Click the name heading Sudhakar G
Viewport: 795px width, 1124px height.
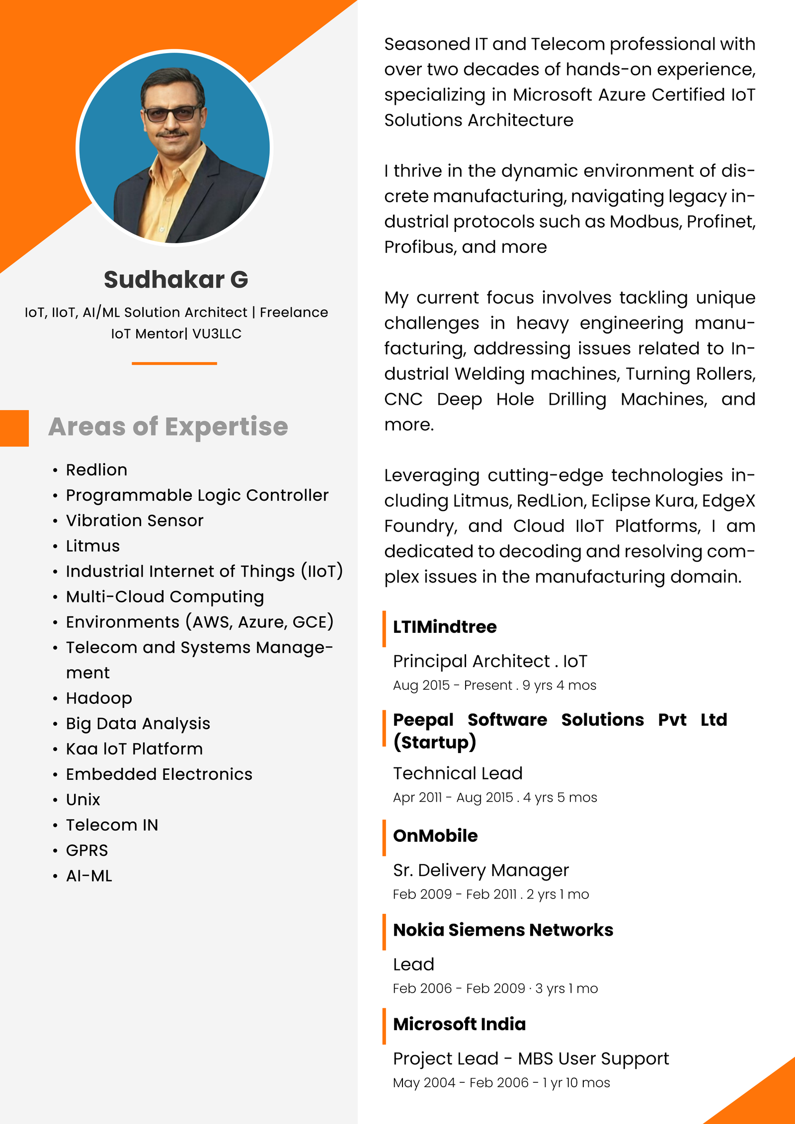pyautogui.click(x=176, y=280)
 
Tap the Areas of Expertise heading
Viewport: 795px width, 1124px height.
pyautogui.click(x=168, y=427)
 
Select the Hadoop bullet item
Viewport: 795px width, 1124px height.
pyautogui.click(x=99, y=698)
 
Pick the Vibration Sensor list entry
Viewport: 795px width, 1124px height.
pyautogui.click(x=135, y=521)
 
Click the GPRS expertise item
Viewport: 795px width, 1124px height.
pyautogui.click(x=87, y=850)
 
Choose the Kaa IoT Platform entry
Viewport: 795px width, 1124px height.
pyautogui.click(x=134, y=749)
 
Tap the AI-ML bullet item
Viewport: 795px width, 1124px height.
pyautogui.click(x=89, y=876)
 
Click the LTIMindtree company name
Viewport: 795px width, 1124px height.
pyautogui.click(x=445, y=627)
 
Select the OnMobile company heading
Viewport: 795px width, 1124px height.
pyautogui.click(x=435, y=836)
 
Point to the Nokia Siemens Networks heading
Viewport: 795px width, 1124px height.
pyautogui.click(x=503, y=930)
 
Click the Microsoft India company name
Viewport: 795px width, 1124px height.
pyautogui.click(x=459, y=1024)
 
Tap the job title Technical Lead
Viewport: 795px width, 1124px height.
pyautogui.click(x=458, y=773)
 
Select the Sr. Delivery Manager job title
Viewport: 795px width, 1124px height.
pyautogui.click(x=480, y=870)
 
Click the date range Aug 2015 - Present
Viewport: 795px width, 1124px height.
pyautogui.click(x=452, y=685)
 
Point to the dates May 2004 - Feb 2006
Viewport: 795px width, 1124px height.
pyautogui.click(x=461, y=1083)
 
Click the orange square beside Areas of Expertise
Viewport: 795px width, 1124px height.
pyautogui.click(x=14, y=428)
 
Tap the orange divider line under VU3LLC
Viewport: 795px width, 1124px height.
pyautogui.click(x=174, y=364)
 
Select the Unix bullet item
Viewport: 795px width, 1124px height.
pyautogui.click(x=83, y=800)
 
